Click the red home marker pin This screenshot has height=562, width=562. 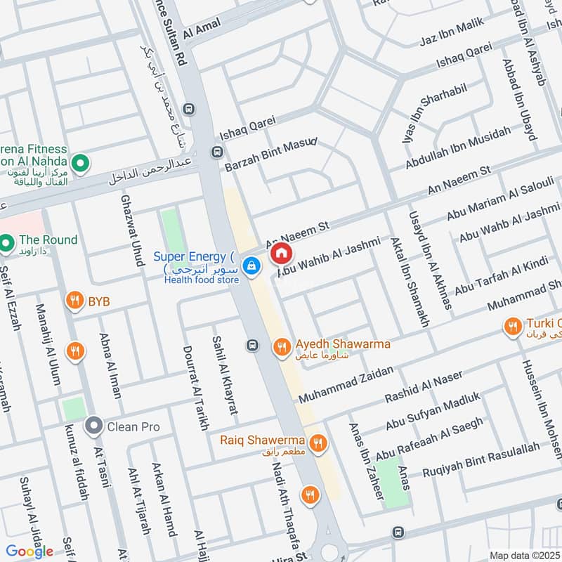pos(281,253)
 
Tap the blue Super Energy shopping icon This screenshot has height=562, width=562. pos(251,266)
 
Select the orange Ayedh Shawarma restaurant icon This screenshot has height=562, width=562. pos(282,346)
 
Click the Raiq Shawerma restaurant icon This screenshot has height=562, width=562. pos(318,442)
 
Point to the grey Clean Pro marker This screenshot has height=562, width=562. pos(93,426)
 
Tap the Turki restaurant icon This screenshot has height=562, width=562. pos(513,325)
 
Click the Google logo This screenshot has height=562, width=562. pos(30,551)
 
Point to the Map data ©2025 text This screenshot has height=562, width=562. pos(525,556)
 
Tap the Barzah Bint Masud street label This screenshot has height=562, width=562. pos(271,155)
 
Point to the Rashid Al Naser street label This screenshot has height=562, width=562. pos(424,387)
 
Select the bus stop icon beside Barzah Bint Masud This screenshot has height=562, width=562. pos(218,152)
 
